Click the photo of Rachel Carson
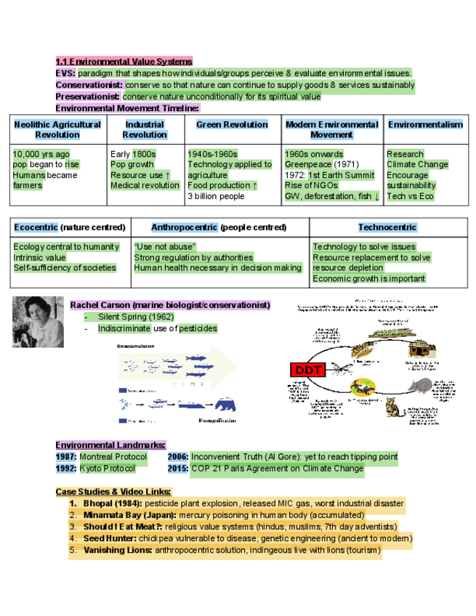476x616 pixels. click(37, 322)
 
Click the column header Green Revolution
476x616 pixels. click(232, 125)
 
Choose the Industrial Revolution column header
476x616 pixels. click(145, 129)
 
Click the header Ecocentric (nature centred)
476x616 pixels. click(70, 227)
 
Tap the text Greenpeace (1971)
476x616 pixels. click(321, 165)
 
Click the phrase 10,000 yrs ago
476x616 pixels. click(41, 154)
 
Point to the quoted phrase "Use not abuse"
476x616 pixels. click(165, 247)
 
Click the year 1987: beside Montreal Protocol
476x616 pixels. click(66, 457)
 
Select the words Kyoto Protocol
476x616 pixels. click(108, 469)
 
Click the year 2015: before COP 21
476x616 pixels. click(178, 469)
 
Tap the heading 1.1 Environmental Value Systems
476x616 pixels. click(124, 62)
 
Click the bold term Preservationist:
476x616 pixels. click(88, 96)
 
